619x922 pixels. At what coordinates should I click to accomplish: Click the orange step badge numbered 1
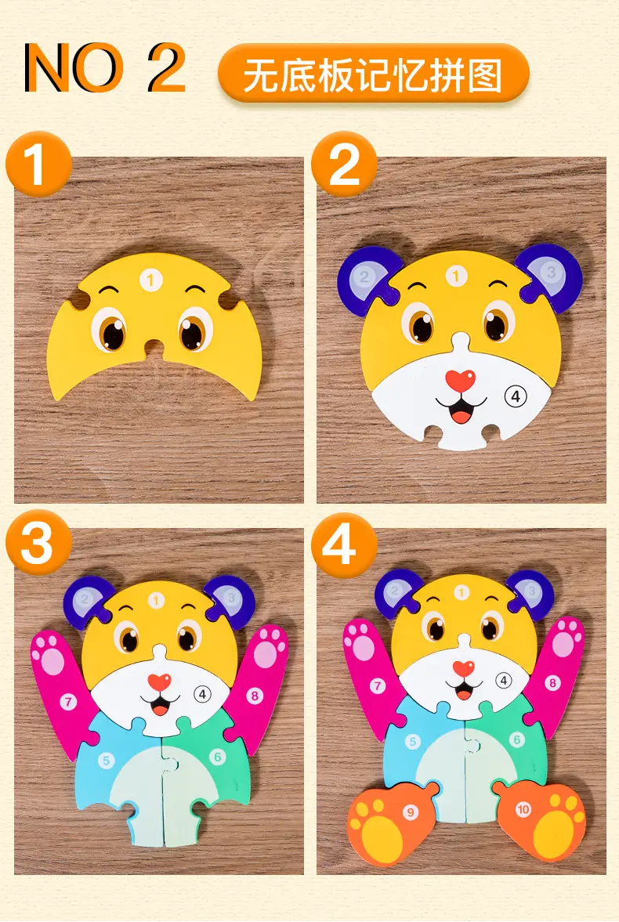point(38,164)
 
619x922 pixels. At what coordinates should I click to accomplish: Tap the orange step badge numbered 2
point(344,164)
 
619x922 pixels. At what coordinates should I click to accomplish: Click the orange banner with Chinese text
point(374,74)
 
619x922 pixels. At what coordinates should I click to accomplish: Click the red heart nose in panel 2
point(459,380)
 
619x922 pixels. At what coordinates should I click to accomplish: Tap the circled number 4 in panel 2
point(516,396)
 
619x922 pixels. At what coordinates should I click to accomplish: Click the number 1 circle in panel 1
point(150,280)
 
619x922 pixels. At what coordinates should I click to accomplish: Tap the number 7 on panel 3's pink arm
point(69,701)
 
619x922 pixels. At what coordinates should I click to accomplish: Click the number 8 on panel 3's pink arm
point(255,696)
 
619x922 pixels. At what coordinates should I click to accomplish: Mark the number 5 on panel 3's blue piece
point(106,761)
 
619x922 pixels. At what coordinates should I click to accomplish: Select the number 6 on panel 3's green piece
point(218,756)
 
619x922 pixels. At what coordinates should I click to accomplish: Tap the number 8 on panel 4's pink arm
point(552,682)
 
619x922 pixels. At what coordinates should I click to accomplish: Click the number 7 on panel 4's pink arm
point(377,685)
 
